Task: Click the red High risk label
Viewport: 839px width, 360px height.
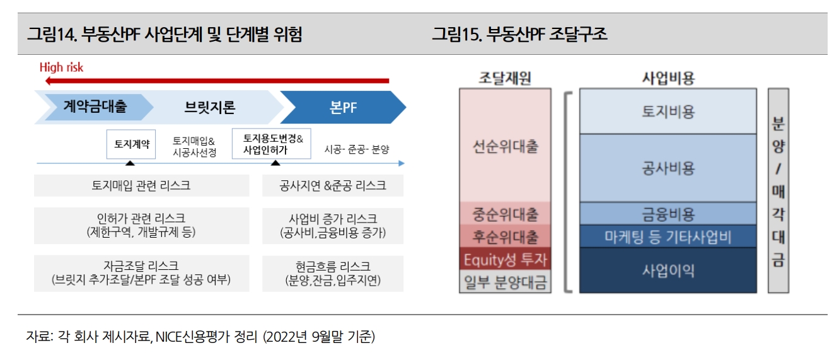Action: pyautogui.click(x=61, y=67)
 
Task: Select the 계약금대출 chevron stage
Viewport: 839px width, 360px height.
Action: pyautogui.click(x=95, y=107)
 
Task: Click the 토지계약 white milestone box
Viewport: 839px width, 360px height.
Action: pyautogui.click(x=132, y=144)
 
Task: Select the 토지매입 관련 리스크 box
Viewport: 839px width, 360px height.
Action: pyautogui.click(x=141, y=186)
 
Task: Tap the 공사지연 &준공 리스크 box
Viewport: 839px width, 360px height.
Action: pyautogui.click(x=333, y=186)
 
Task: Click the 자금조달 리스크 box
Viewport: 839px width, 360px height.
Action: pyautogui.click(x=141, y=273)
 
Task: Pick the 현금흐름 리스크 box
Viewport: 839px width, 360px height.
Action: pyautogui.click(x=333, y=273)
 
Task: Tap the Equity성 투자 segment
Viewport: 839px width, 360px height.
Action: pyautogui.click(x=506, y=259)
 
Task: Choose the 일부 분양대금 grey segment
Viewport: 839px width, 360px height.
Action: pyautogui.click(x=506, y=282)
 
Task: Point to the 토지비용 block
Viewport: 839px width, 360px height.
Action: pyautogui.click(x=668, y=112)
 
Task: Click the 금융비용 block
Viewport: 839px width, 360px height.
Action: pyautogui.click(x=668, y=213)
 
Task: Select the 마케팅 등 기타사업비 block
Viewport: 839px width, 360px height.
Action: pyautogui.click(x=668, y=236)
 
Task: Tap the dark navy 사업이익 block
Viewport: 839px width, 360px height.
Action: pyautogui.click(x=668, y=270)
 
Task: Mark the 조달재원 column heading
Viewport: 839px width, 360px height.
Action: pyautogui.click(x=505, y=78)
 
